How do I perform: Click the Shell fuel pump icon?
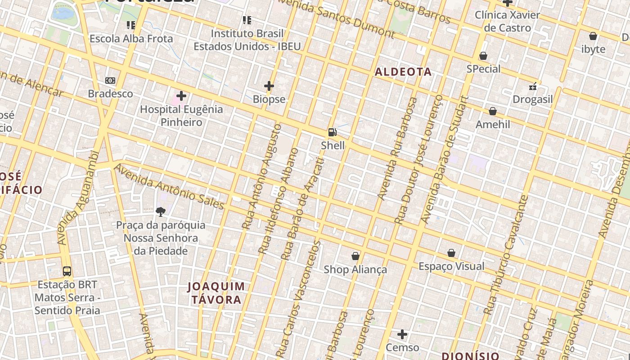[x=333, y=132]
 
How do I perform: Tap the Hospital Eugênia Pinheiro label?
[x=181, y=116]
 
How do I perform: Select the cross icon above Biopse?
[x=269, y=86]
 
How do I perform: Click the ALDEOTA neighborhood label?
[x=403, y=72]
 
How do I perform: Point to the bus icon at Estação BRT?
[x=67, y=271]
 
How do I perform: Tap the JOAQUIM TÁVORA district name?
[x=216, y=293]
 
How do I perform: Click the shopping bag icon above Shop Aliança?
[x=355, y=256]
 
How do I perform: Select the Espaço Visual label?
[x=451, y=266]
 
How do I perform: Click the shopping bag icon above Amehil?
[x=493, y=111]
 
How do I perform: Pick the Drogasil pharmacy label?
[x=533, y=99]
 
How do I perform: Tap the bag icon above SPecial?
[x=483, y=56]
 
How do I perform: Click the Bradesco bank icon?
[x=110, y=81]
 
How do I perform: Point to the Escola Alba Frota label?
[x=131, y=39]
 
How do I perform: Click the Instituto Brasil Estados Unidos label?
[x=247, y=40]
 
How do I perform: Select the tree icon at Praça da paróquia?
[x=161, y=211]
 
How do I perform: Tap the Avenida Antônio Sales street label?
[x=169, y=187]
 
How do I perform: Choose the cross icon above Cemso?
[x=402, y=334]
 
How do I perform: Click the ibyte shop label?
[x=594, y=49]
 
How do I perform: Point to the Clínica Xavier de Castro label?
[x=508, y=22]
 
